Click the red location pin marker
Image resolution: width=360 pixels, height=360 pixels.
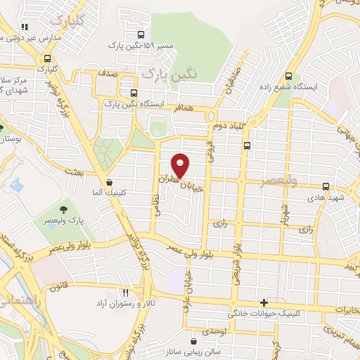181,165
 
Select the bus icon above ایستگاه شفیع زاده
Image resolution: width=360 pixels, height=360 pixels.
289,77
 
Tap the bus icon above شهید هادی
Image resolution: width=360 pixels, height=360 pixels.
326,186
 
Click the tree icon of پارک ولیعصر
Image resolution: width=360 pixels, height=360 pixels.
64,209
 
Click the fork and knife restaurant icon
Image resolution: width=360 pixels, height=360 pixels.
125,292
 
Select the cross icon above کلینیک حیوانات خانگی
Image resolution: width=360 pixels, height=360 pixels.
264,302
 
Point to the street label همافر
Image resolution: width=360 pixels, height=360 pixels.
196,110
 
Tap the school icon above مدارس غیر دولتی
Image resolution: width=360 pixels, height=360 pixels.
25,27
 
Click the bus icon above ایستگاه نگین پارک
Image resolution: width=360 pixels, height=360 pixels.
133,93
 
